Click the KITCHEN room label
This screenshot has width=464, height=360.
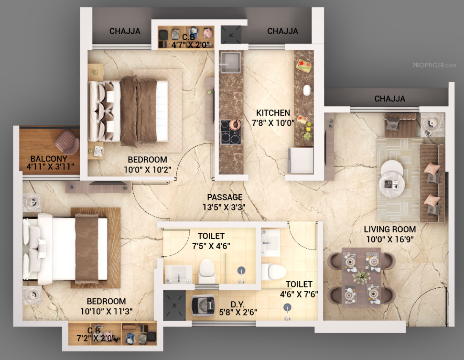pyautogui.click(x=273, y=113)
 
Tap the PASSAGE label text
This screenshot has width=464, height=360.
pyautogui.click(x=225, y=197)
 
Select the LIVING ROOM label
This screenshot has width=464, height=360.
pyautogui.click(x=390, y=229)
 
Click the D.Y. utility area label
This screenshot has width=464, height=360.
pyautogui.click(x=237, y=305)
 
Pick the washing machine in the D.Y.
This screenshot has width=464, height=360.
pyautogui.click(x=203, y=306)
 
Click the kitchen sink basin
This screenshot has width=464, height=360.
pyautogui.click(x=230, y=63)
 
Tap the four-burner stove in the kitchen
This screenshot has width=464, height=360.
pyautogui.click(x=230, y=132)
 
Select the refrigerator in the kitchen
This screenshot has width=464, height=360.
pyautogui.click(x=301, y=160)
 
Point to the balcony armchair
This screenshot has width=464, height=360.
pyautogui.click(x=67, y=142)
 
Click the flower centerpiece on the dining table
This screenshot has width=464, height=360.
pyautogui.click(x=361, y=277)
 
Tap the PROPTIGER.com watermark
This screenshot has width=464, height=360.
pyautogui.click(x=434, y=65)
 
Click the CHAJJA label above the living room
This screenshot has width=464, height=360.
pyautogui.click(x=390, y=98)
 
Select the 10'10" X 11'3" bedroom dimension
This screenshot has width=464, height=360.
pyautogui.click(x=107, y=311)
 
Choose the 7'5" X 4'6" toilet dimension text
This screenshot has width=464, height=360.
pyautogui.click(x=211, y=246)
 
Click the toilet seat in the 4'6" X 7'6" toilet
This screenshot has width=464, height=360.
pyautogui.click(x=273, y=272)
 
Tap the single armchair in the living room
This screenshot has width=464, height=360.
pyautogui.click(x=400, y=125)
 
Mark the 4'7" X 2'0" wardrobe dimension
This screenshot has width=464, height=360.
pyautogui.click(x=191, y=45)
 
